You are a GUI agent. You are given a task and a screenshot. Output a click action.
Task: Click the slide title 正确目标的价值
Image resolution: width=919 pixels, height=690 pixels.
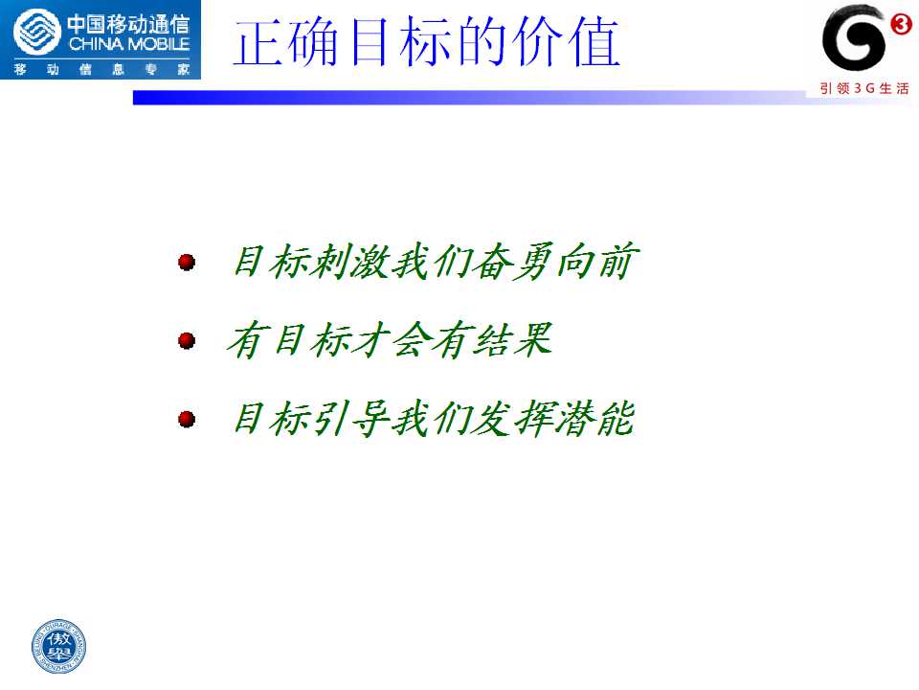tap(427, 41)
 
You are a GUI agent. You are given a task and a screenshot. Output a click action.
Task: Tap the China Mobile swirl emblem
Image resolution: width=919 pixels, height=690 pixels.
tap(36, 33)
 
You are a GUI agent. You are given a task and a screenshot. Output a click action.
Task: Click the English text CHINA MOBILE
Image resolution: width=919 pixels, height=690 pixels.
tap(129, 44)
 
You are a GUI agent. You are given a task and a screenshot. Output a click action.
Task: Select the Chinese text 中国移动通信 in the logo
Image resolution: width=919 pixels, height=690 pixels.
tap(128, 24)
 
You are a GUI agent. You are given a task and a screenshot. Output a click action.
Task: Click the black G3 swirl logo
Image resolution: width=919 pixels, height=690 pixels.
tap(853, 38)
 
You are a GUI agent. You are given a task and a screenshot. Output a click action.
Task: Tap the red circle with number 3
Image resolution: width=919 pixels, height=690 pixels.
tap(900, 24)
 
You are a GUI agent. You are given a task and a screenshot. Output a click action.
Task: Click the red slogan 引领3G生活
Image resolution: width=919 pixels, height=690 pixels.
tap(864, 88)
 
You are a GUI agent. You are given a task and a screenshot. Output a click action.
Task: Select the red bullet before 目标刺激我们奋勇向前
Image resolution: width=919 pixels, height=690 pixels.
tap(187, 262)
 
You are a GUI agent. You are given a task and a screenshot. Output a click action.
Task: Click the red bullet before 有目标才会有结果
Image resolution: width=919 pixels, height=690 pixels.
tap(187, 340)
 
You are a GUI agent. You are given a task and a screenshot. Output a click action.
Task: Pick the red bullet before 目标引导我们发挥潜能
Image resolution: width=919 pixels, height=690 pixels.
tap(187, 419)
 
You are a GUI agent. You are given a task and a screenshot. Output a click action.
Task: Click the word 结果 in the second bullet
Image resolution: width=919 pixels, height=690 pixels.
tap(512, 339)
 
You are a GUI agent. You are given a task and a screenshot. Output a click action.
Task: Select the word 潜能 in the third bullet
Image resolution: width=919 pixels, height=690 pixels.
tap(594, 419)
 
